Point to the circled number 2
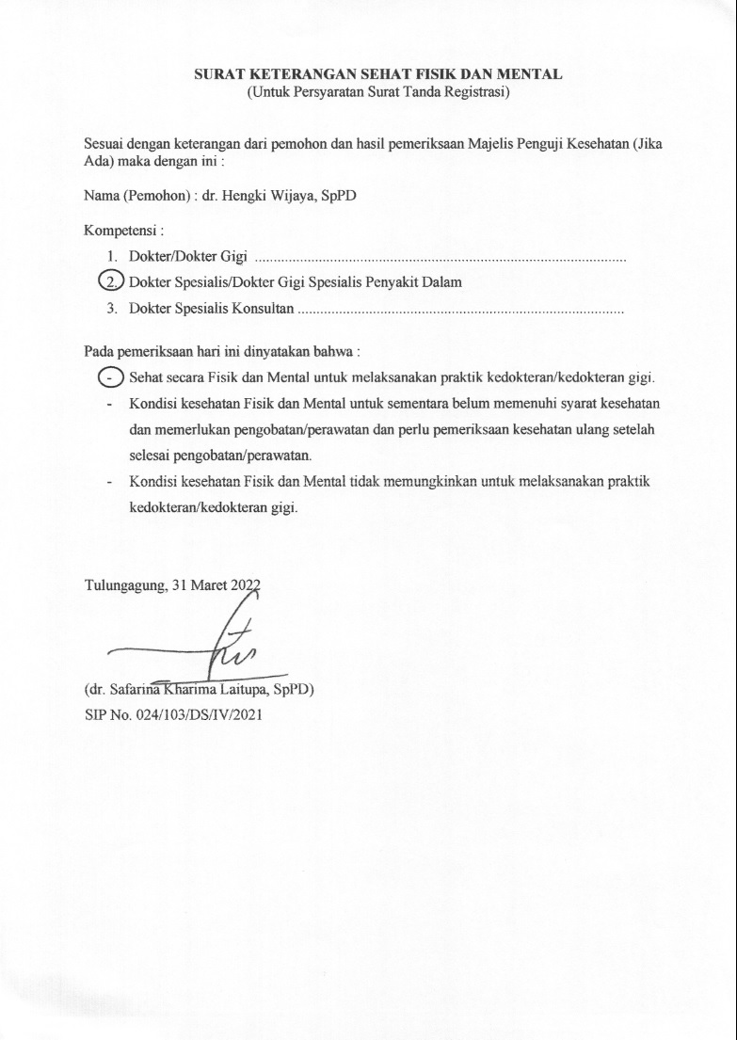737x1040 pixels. coord(112,281)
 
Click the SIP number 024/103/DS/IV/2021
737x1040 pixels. coord(196,715)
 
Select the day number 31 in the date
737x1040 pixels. coord(181,584)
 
